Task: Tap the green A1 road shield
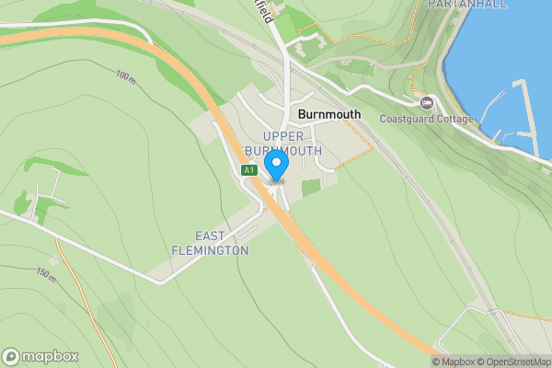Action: tap(248, 170)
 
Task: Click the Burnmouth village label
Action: tap(329, 116)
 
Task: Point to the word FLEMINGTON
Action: tap(210, 250)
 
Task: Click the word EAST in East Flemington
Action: tap(211, 236)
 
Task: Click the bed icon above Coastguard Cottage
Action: tap(427, 103)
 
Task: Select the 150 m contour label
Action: tap(46, 274)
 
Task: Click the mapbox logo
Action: tap(40, 356)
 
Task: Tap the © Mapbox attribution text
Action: tap(457, 362)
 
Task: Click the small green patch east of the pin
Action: tap(311, 187)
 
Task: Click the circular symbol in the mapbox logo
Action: tap(12, 356)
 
